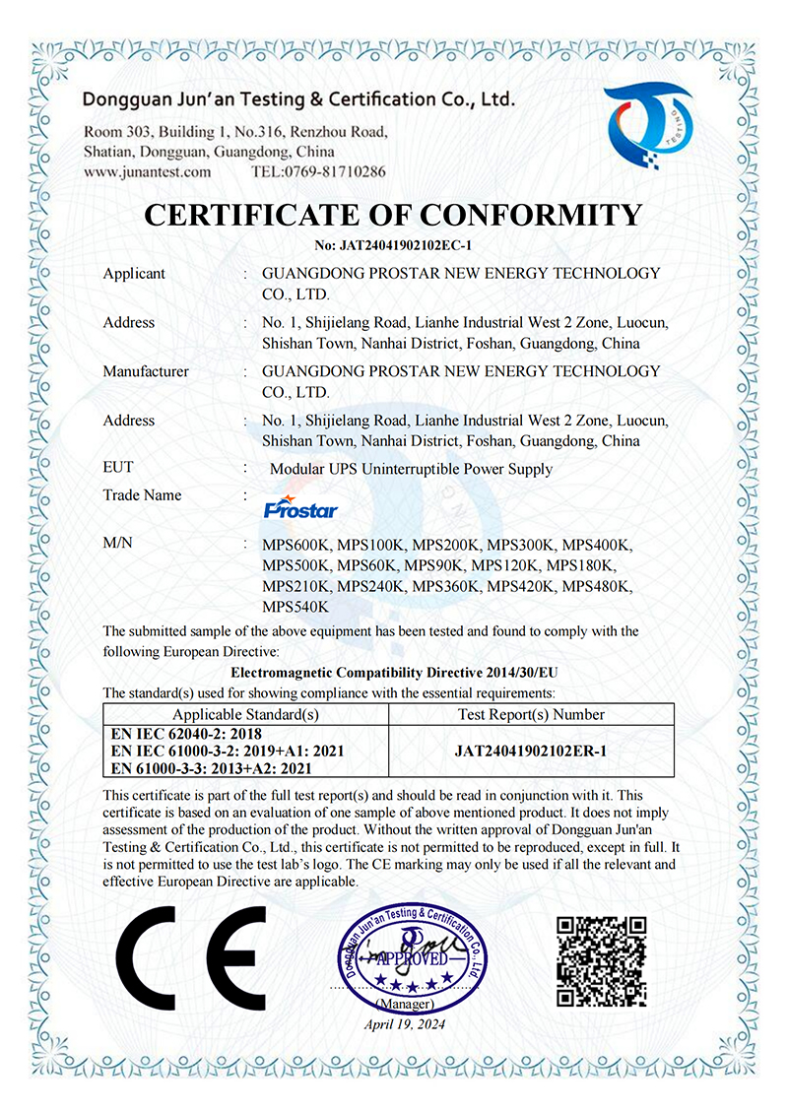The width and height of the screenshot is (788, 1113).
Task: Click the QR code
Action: (602, 960)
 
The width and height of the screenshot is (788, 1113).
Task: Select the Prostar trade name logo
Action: (301, 507)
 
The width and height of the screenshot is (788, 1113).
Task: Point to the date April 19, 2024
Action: (405, 1025)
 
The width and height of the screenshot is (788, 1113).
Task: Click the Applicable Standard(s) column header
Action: (246, 714)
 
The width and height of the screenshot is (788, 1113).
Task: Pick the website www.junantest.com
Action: (148, 171)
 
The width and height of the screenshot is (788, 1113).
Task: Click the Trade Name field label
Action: (142, 494)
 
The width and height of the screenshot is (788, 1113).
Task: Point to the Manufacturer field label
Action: (146, 371)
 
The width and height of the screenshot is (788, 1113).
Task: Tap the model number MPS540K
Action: (295, 607)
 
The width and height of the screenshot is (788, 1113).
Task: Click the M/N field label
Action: (118, 544)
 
